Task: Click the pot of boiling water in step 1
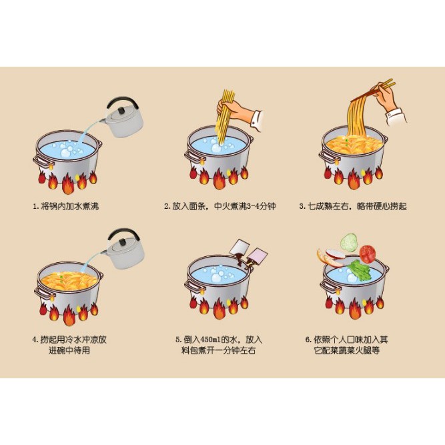pos(69,157)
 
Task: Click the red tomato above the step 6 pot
pos(368,254)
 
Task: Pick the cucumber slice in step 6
pos(350,242)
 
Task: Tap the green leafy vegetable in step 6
pos(359,270)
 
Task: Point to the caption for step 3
pos(353,206)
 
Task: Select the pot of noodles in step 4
pos(69,287)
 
